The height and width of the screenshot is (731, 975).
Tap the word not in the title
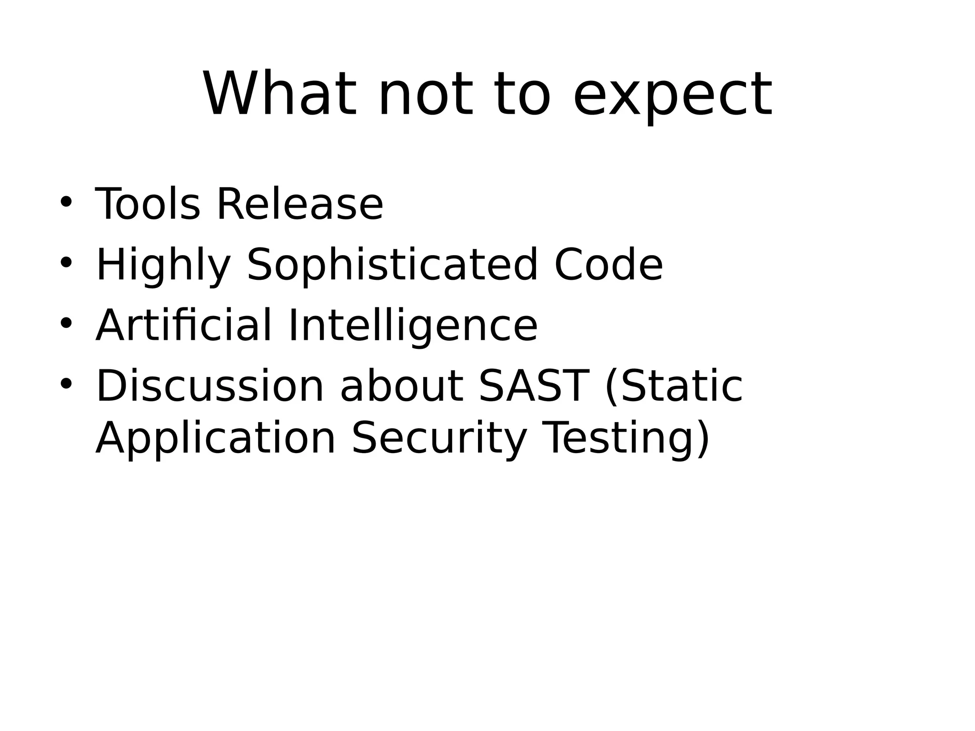[426, 93]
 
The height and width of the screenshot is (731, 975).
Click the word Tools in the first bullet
[148, 204]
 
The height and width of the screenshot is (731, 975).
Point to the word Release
[300, 204]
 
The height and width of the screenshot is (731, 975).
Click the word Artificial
[184, 326]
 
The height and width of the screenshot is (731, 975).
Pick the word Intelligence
[413, 326]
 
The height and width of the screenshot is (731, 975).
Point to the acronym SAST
[534, 386]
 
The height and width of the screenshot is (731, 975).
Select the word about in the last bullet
[401, 386]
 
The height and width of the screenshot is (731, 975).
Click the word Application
[216, 439]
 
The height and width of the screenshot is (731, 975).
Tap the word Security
[439, 439]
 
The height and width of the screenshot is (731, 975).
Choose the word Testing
[621, 439]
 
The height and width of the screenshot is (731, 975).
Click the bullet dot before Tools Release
[66, 202]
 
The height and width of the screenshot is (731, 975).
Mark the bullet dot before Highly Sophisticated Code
[66, 263]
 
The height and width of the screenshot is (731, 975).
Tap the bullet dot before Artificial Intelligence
[66, 323]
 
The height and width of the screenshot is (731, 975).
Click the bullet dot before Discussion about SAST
[66, 384]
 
